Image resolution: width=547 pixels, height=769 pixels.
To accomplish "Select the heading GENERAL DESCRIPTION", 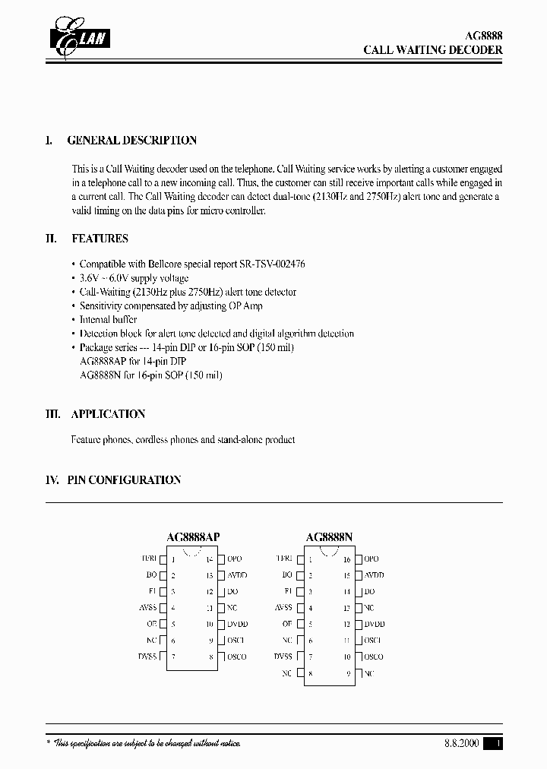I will click(x=132, y=141).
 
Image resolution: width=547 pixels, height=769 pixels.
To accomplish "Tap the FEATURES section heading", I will click(x=100, y=239).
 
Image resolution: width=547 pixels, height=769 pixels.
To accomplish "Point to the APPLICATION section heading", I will click(x=108, y=414).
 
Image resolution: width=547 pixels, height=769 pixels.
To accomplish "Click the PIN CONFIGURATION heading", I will click(x=124, y=480).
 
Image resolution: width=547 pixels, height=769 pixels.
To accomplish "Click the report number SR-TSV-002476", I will click(x=268, y=264).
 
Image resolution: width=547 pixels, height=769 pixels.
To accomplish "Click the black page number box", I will click(x=495, y=744).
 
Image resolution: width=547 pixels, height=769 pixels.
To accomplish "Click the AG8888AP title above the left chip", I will click(x=193, y=537).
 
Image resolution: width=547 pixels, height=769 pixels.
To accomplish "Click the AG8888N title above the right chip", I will click(x=330, y=537).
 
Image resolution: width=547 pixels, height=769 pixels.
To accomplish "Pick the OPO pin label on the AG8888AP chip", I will click(x=234, y=559).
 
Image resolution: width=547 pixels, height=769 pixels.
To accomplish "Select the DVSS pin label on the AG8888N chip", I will click(x=283, y=657).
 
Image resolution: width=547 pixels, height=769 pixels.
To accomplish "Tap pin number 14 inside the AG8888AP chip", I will click(x=210, y=559).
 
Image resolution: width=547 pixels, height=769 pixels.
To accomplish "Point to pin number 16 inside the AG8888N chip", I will click(x=346, y=559).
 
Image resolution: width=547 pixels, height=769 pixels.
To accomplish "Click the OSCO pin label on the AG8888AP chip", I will click(x=237, y=657).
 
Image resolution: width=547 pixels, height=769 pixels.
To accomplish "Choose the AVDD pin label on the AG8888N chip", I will click(x=375, y=575).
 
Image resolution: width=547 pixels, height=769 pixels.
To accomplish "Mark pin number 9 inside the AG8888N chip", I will click(x=348, y=673).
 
